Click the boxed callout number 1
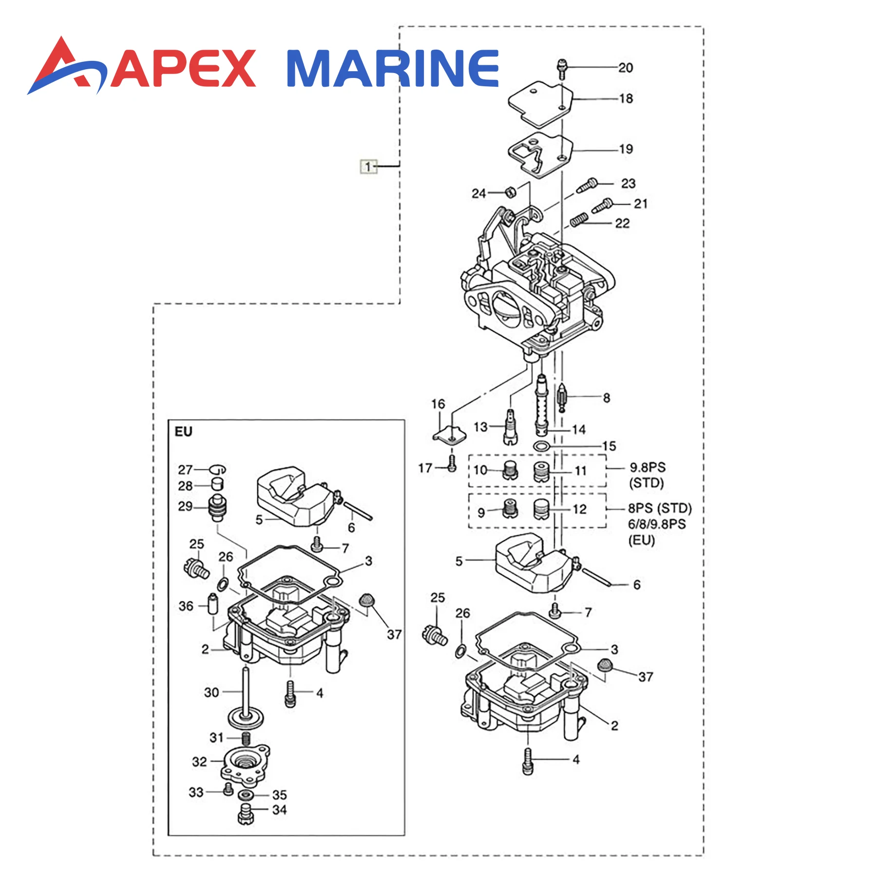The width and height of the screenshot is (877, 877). coord(368,166)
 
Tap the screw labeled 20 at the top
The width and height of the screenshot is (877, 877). coord(562,69)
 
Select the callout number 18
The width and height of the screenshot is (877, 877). coord(626,99)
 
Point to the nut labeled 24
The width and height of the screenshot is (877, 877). coord(509,192)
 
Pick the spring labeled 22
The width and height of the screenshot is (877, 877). coord(579,220)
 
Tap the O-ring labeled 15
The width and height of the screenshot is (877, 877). coord(541,446)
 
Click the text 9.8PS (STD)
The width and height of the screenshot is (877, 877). coord(647,475)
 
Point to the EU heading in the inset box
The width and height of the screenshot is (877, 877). coord(184,432)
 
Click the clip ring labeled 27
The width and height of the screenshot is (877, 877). coord(218,469)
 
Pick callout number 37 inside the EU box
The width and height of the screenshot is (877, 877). coord(394,634)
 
